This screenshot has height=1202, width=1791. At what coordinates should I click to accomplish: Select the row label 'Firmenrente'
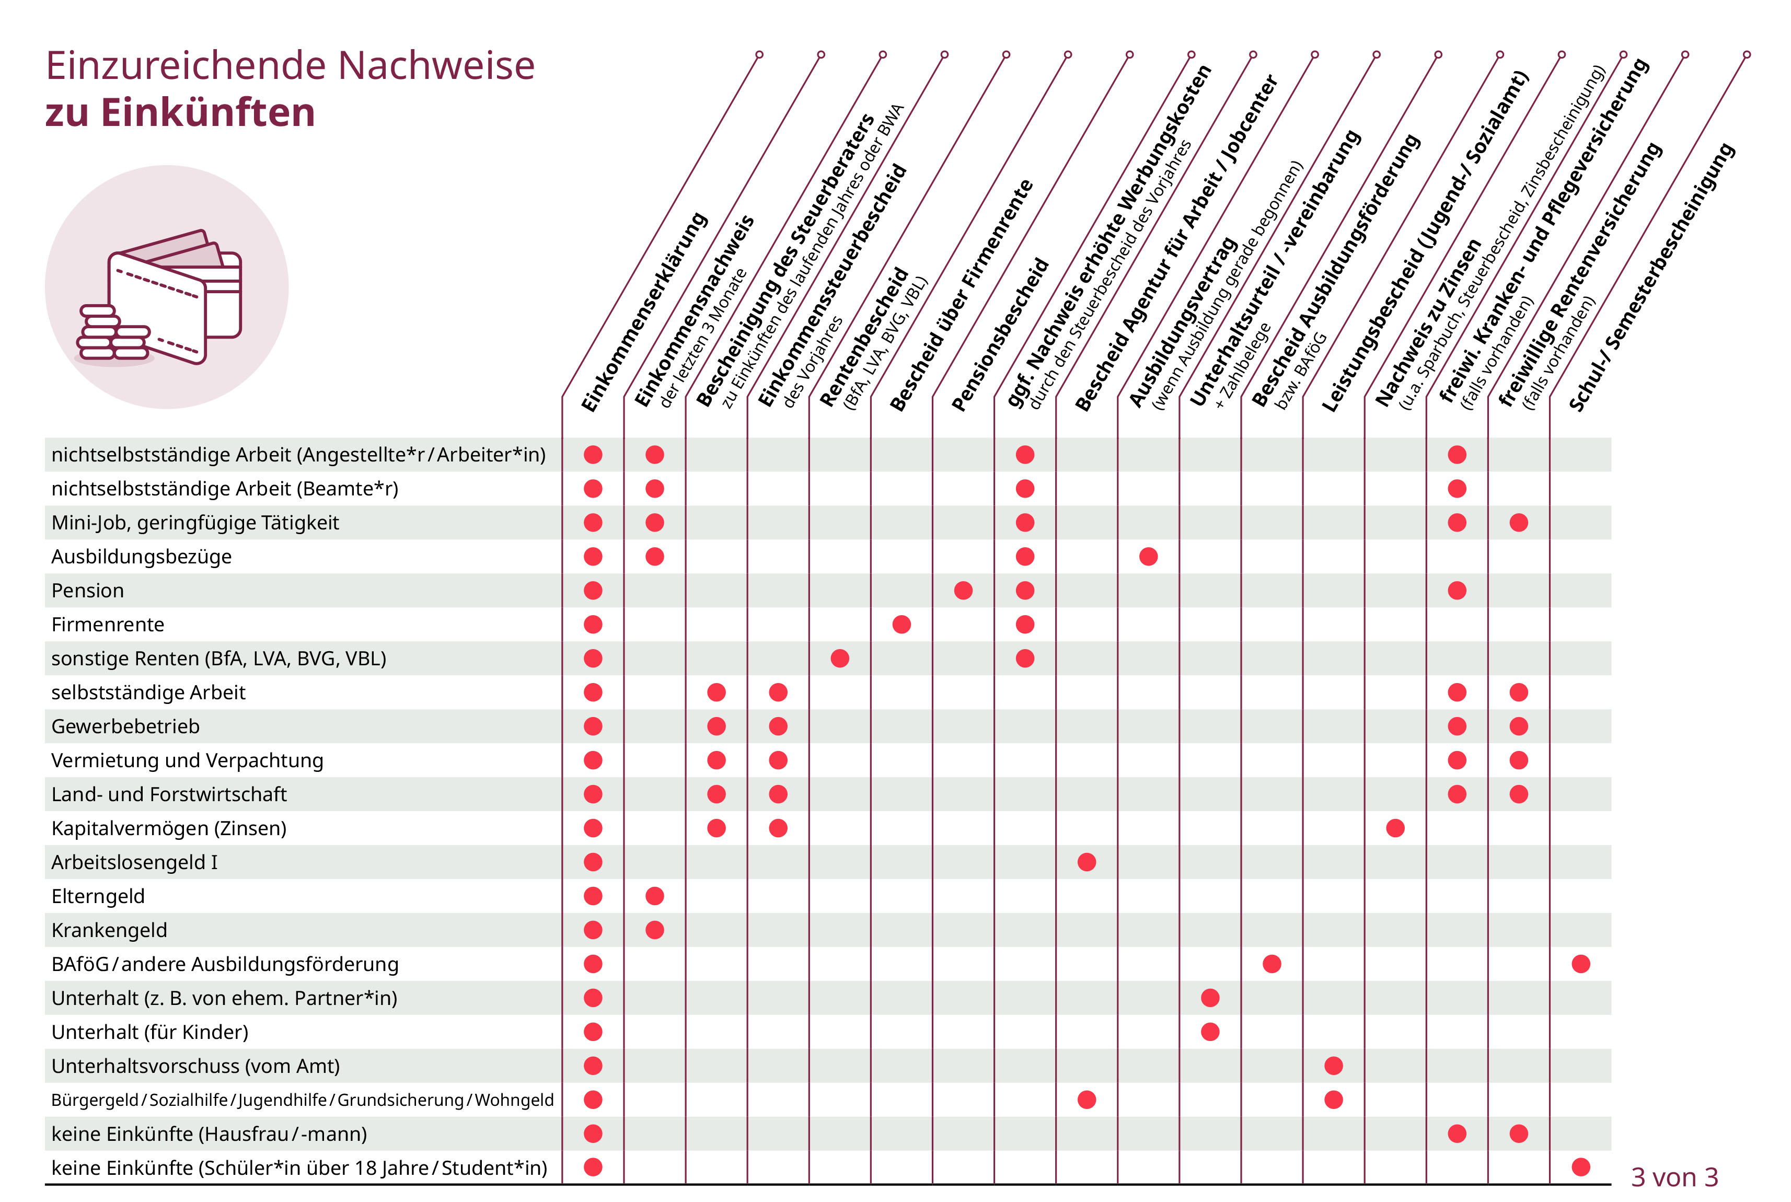(x=107, y=625)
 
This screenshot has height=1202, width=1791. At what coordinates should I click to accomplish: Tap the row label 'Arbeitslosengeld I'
(x=134, y=862)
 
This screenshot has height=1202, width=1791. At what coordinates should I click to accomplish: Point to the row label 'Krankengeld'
(x=109, y=931)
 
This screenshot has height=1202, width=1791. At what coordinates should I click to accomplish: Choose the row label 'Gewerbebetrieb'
(x=125, y=727)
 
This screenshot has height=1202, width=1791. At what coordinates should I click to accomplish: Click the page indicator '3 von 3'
(x=1674, y=1177)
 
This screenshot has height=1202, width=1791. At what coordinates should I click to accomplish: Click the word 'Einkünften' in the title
(x=207, y=113)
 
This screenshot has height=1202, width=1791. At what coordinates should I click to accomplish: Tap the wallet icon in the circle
(x=175, y=295)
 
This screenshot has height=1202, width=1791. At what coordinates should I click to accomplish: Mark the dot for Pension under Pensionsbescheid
(x=963, y=590)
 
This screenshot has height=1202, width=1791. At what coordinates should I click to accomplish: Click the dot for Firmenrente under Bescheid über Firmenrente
(x=901, y=625)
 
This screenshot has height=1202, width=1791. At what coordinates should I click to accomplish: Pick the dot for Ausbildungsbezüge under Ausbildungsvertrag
(x=1148, y=557)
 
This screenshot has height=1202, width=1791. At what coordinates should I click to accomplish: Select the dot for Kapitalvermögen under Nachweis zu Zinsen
(x=1395, y=828)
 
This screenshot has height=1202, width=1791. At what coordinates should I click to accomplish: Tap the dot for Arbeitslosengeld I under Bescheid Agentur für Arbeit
(x=1087, y=862)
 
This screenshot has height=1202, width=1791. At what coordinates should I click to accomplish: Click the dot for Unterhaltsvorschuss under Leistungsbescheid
(x=1334, y=1066)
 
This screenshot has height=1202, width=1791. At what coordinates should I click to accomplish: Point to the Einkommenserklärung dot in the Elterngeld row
(x=593, y=896)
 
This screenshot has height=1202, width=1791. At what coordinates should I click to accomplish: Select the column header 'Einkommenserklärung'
(x=644, y=312)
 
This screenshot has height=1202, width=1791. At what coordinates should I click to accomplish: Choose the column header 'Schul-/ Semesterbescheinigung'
(x=1651, y=278)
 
